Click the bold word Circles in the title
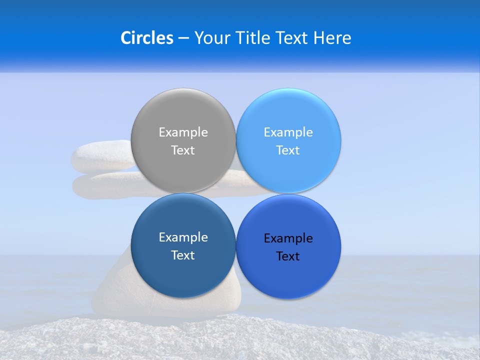[x=146, y=38]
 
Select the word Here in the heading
[x=332, y=38]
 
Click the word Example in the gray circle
[x=183, y=132]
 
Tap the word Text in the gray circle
[x=183, y=150]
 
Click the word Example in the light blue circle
[x=288, y=132]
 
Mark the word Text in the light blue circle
[x=288, y=150]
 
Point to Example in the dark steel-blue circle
[x=183, y=237]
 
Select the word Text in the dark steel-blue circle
[x=183, y=255]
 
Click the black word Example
[x=288, y=238]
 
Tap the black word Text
[x=288, y=256]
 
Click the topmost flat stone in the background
[x=100, y=156]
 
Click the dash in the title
[x=183, y=38]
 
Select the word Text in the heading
[x=292, y=38]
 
